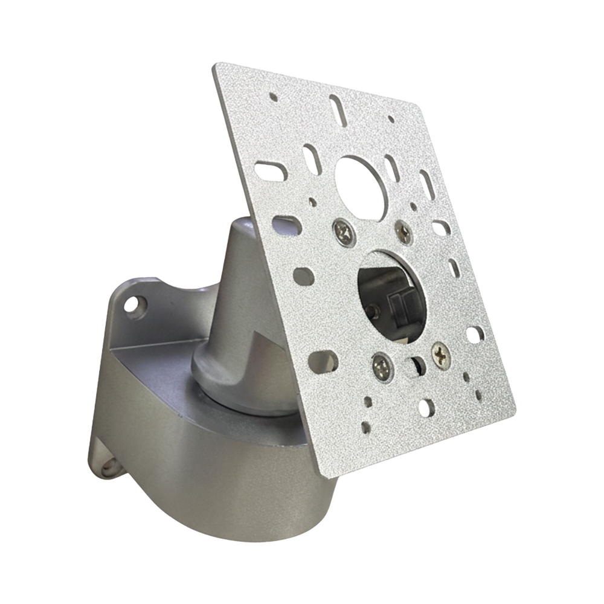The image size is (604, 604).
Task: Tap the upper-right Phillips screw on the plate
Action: click(403, 231)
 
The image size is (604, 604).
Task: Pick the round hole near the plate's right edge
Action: click(475, 333)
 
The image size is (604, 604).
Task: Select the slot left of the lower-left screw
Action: click(329, 361)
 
